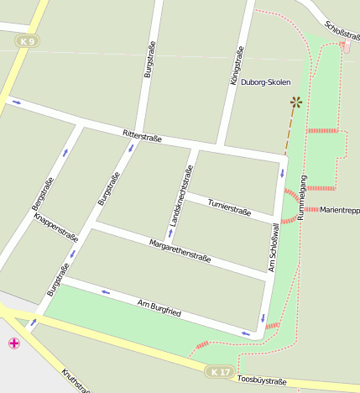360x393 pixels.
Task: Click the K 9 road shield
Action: click(x=28, y=41)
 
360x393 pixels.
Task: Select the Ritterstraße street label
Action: click(x=142, y=135)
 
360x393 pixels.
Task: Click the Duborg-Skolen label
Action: click(x=265, y=83)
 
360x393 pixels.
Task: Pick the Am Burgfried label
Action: click(x=159, y=307)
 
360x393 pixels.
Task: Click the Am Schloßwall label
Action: click(x=274, y=248)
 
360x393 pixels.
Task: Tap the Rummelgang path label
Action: click(x=302, y=197)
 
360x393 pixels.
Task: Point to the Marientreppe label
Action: click(x=339, y=210)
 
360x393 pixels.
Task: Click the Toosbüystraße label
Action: click(x=262, y=381)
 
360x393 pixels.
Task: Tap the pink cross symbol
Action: click(x=13, y=343)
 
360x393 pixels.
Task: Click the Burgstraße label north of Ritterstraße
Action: click(x=149, y=60)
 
